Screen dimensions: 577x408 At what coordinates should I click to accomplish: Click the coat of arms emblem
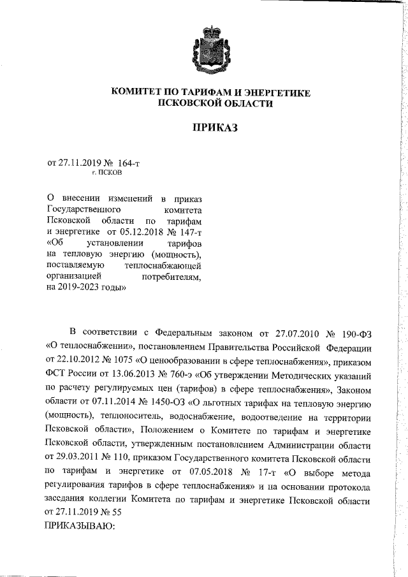click(210, 46)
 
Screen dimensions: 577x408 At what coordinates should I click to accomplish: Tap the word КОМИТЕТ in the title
click(142, 93)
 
